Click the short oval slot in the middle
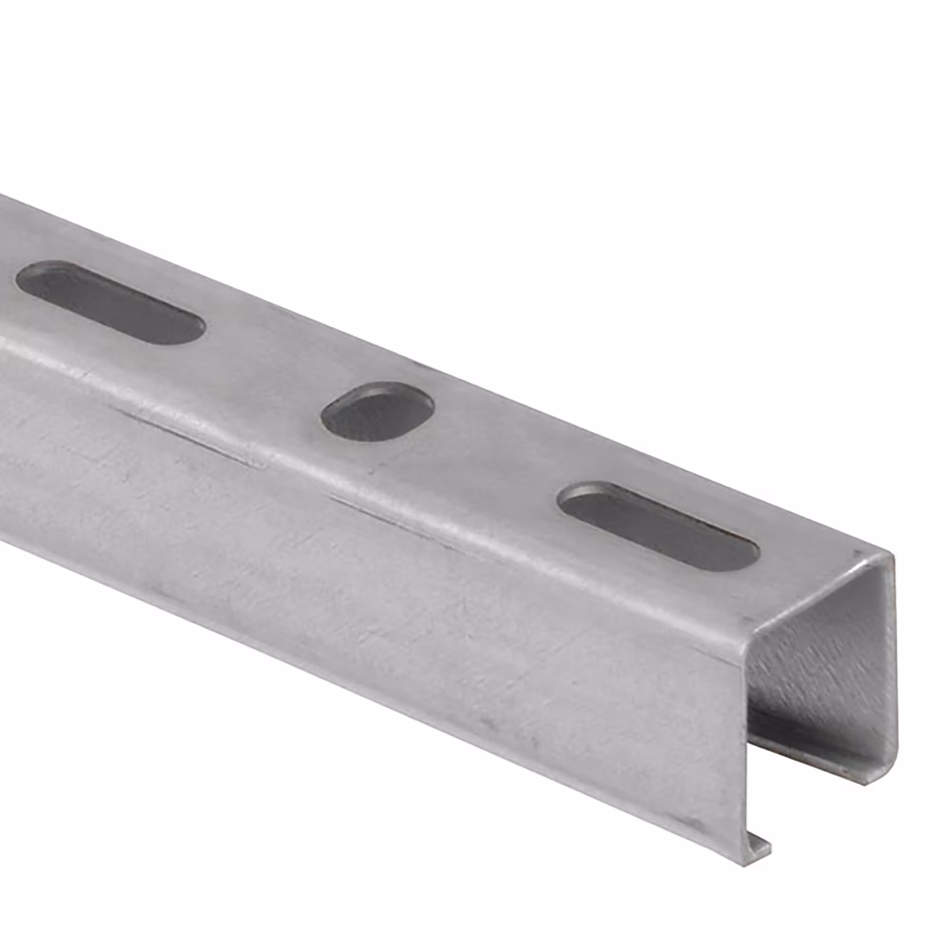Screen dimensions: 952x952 point(377,412)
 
